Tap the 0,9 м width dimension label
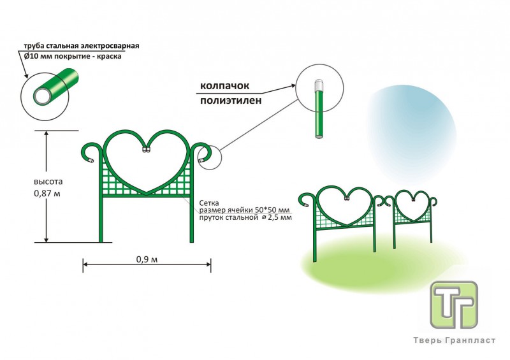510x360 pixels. [147, 259]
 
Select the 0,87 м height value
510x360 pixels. [48, 193]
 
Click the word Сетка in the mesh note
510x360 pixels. [210, 201]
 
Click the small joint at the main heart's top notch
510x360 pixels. [147, 151]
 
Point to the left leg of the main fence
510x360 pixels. [101, 217]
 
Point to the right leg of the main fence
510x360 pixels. [192, 217]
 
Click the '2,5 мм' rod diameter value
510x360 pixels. [280, 218]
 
